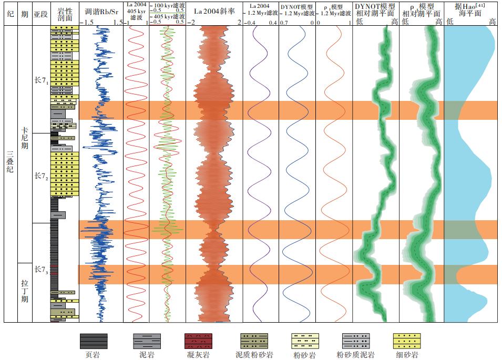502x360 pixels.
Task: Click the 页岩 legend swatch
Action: [94, 341]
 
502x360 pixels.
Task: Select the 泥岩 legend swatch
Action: [147, 341]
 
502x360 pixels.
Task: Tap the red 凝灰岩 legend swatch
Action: [199, 341]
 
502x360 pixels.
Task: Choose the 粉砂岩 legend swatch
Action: [305, 341]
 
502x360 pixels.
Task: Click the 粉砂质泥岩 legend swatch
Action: [356, 341]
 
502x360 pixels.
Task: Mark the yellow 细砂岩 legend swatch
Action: [407, 341]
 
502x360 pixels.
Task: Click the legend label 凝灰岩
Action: [199, 355]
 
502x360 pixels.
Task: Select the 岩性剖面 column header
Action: [64, 13]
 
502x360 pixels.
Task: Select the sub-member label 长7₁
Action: [41, 80]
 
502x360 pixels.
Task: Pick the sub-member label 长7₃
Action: [41, 270]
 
